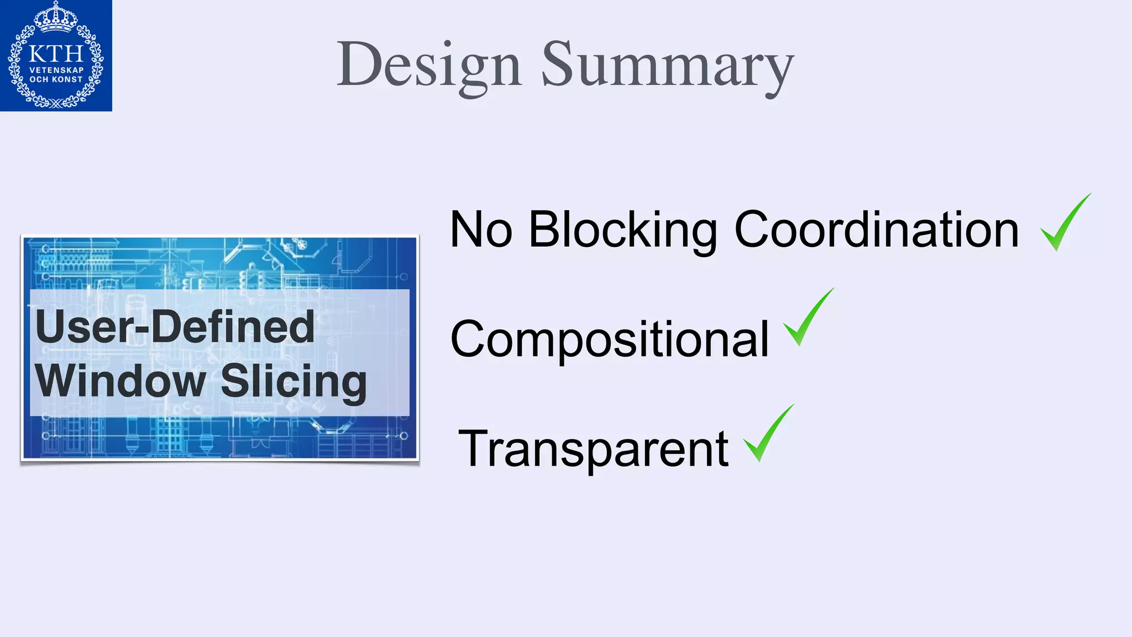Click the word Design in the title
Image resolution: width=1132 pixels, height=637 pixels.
tap(429, 65)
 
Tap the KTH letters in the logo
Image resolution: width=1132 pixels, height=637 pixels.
tap(56, 54)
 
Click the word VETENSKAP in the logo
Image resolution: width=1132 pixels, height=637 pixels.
tap(56, 70)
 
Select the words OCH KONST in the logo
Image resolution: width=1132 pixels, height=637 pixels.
tap(56, 80)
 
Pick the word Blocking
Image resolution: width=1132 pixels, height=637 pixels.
tap(623, 229)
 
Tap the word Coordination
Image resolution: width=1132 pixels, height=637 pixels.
tap(876, 229)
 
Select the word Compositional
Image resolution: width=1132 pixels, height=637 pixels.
tap(610, 339)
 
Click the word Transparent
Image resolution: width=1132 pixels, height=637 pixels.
tap(593, 448)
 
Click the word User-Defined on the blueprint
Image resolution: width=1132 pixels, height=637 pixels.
tap(175, 327)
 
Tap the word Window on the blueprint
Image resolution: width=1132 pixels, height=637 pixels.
tap(120, 380)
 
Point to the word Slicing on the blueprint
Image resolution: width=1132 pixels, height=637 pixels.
tap(294, 382)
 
